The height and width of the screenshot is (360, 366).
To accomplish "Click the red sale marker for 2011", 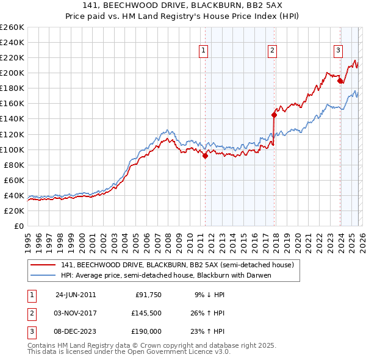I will pos(205,156).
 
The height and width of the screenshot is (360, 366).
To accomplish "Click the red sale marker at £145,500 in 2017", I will pos(274,114).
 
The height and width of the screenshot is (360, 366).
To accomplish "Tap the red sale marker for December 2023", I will pos(340,80).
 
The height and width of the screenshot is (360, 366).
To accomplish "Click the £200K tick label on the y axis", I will pos(12,73).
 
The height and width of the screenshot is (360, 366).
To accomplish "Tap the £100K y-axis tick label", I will pos(12,149).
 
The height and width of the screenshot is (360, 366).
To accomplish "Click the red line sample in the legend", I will pos(42,265).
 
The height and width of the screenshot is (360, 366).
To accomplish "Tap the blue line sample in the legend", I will pos(42,275).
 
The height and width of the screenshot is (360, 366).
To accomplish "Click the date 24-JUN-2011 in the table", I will pos(76,294).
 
